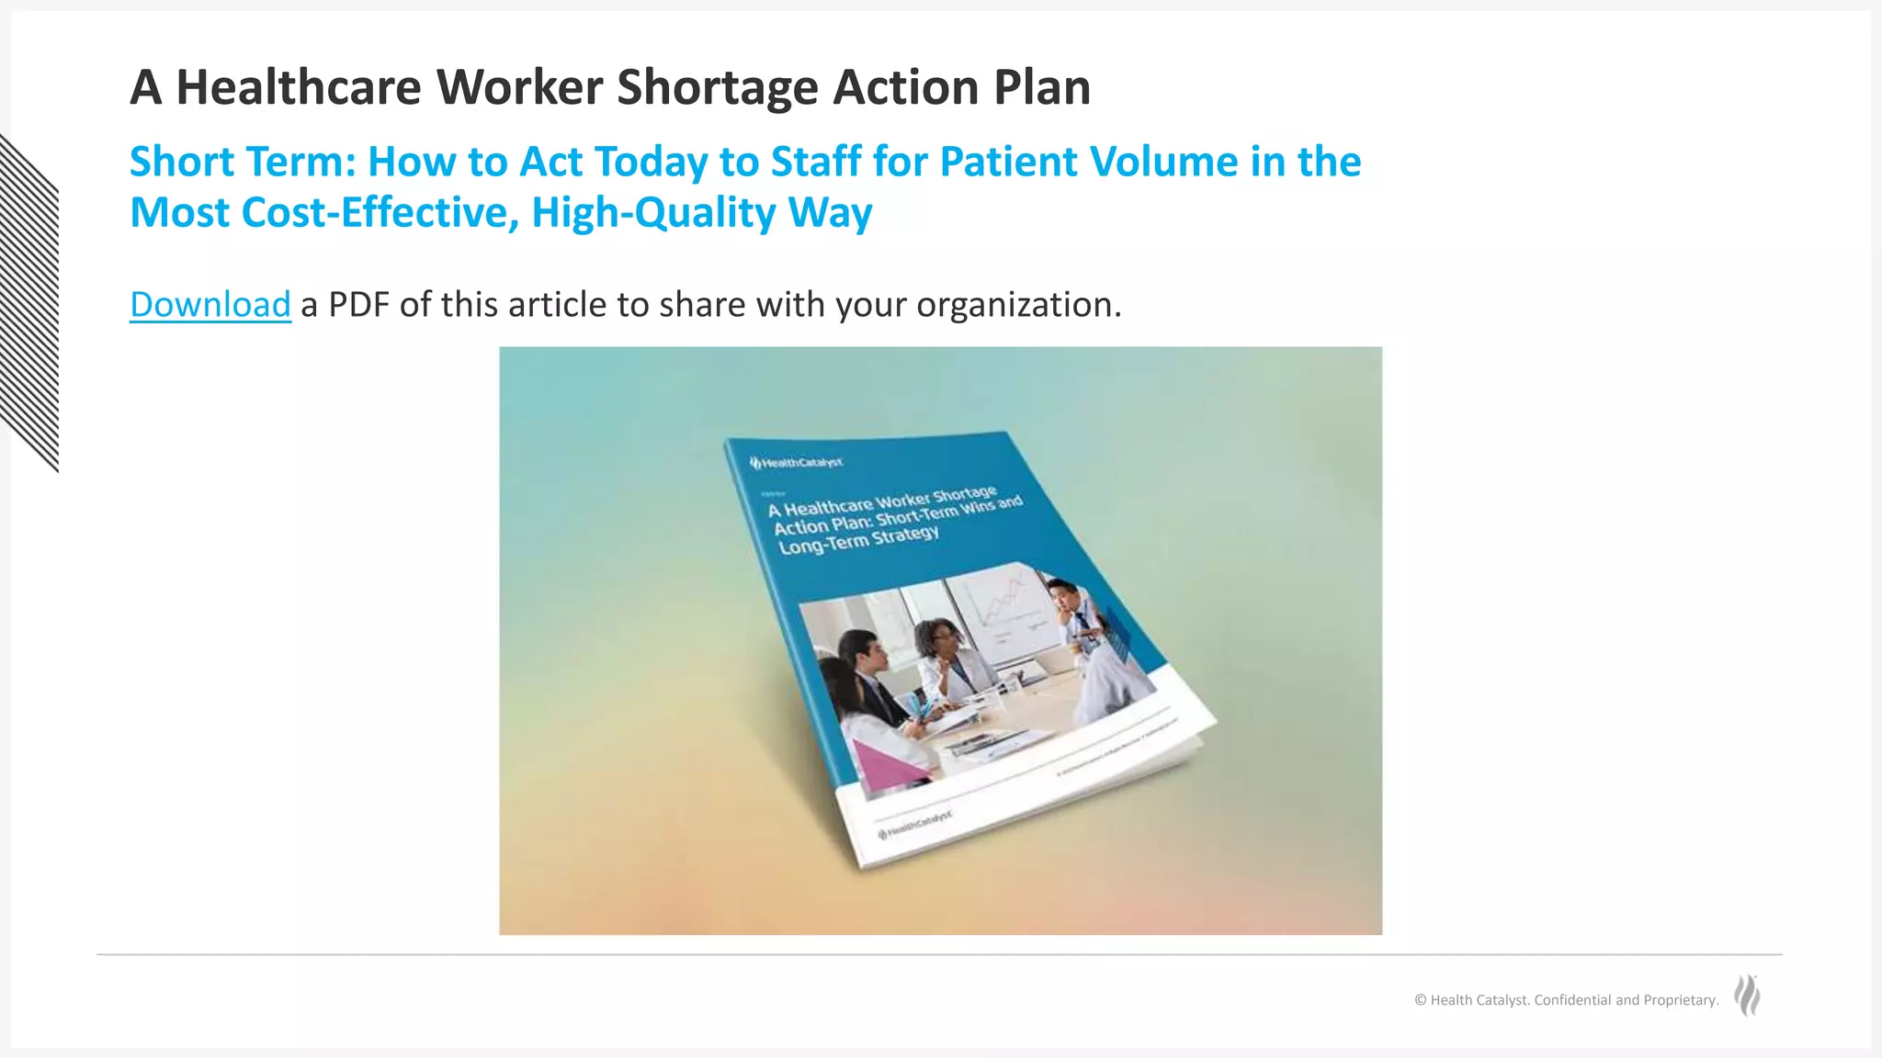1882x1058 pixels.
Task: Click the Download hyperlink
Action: click(x=210, y=305)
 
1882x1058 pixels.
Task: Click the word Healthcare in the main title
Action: click(x=298, y=87)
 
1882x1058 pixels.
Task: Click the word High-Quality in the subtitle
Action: click(x=653, y=212)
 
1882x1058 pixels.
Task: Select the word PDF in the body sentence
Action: click(x=358, y=305)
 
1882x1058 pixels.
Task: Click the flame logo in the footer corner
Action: click(x=1747, y=996)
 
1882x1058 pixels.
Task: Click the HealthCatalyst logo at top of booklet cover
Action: click(x=796, y=462)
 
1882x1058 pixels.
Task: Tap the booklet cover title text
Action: click(x=891, y=520)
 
